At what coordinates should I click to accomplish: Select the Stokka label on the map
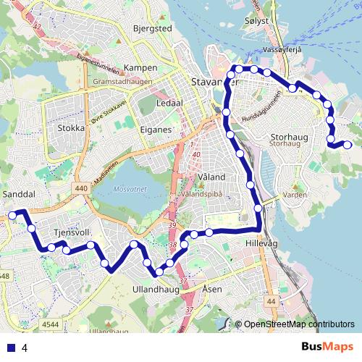pyautogui.click(x=70, y=128)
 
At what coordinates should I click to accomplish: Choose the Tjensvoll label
pyautogui.click(x=70, y=233)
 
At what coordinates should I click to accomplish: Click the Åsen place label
pyautogui.click(x=212, y=289)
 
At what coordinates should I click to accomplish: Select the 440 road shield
pyautogui.click(x=80, y=188)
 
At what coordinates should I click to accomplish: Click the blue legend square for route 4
pyautogui.click(x=10, y=348)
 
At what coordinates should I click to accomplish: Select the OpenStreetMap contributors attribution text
pyautogui.click(x=298, y=324)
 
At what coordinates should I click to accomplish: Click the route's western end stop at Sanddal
pyautogui.click(x=12, y=214)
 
